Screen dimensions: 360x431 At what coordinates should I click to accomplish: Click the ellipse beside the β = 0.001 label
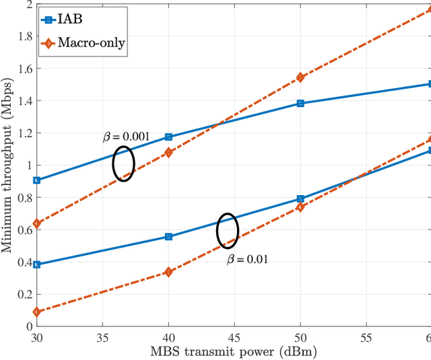coord(123,164)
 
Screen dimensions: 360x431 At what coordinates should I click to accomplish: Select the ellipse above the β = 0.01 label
coord(228,231)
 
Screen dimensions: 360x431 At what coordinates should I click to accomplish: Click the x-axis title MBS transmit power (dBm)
coord(234,351)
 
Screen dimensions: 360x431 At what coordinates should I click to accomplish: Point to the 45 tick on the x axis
coord(234,337)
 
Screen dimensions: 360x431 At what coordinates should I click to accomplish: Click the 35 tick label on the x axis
coord(102,337)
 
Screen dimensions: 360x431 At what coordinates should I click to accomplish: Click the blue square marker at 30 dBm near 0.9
coord(36,180)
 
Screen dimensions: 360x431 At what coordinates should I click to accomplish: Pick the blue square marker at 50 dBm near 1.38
coord(300,103)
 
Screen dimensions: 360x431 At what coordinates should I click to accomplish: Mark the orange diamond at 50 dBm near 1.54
coord(300,77)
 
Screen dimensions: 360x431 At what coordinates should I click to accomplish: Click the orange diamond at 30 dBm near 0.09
coord(36,312)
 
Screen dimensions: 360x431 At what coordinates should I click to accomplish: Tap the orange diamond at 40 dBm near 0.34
coord(168,272)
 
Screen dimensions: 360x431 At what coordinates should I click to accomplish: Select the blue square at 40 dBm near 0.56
coord(168,237)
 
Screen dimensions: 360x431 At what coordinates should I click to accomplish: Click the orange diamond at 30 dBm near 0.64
coord(36,223)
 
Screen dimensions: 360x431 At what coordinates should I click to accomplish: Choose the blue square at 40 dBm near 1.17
coord(168,137)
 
